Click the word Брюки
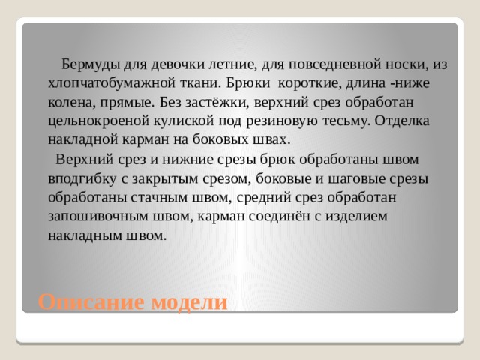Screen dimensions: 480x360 click(x=248, y=83)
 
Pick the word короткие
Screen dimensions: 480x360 click(x=310, y=84)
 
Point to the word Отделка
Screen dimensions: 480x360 click(x=402, y=121)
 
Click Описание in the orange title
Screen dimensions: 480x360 click(x=91, y=302)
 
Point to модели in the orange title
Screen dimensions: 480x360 click(x=190, y=303)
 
